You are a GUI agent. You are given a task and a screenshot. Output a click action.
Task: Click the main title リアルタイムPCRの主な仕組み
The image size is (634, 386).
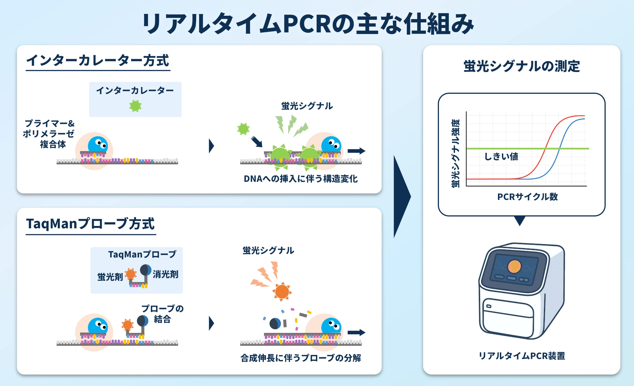(308, 24)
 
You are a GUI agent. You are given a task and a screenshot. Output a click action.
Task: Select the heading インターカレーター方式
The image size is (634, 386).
(98, 61)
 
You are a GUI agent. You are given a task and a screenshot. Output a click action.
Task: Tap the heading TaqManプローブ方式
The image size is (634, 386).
(90, 224)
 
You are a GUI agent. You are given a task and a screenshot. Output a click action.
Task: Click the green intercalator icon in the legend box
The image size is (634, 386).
(135, 106)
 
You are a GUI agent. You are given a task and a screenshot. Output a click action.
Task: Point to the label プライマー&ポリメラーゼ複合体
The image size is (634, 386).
(49, 134)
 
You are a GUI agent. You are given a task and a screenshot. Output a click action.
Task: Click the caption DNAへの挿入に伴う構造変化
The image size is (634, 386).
(300, 179)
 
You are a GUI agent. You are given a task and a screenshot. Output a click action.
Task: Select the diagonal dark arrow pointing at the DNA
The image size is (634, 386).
(257, 142)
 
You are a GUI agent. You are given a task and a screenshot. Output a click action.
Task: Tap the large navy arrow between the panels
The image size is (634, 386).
(402, 197)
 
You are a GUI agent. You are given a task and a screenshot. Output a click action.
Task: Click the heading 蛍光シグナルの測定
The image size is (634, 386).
(521, 66)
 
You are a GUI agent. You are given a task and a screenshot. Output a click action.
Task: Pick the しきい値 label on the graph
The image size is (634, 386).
(501, 156)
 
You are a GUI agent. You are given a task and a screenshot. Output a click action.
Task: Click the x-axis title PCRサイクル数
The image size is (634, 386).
(527, 197)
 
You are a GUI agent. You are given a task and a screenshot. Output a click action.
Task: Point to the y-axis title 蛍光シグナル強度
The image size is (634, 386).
(456, 153)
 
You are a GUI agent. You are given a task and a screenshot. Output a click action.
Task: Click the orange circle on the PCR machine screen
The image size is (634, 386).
(514, 266)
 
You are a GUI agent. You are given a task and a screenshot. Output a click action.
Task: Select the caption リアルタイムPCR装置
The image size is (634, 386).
(522, 356)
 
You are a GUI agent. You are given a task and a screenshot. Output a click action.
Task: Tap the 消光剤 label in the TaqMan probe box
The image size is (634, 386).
(165, 274)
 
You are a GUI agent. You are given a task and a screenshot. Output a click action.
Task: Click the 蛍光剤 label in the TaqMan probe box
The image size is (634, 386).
(110, 277)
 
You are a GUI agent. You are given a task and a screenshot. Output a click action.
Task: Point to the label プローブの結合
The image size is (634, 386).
(162, 314)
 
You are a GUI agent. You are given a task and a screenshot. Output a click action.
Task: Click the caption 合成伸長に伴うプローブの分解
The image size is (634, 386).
(300, 358)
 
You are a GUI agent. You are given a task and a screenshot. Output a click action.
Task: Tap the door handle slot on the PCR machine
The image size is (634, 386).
(489, 306)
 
